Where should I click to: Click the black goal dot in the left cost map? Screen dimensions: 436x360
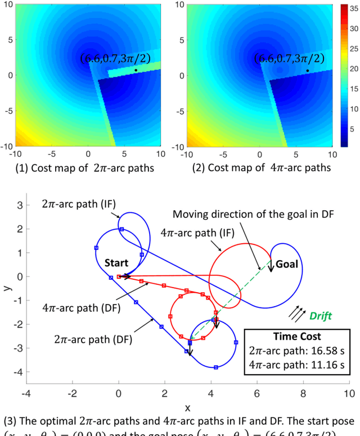[136, 70]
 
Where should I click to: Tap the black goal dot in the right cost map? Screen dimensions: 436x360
[307, 70]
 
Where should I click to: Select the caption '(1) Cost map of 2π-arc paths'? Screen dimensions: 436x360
[82, 168]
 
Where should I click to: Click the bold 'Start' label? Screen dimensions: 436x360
[116, 263]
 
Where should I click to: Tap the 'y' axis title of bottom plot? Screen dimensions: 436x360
[5, 288]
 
